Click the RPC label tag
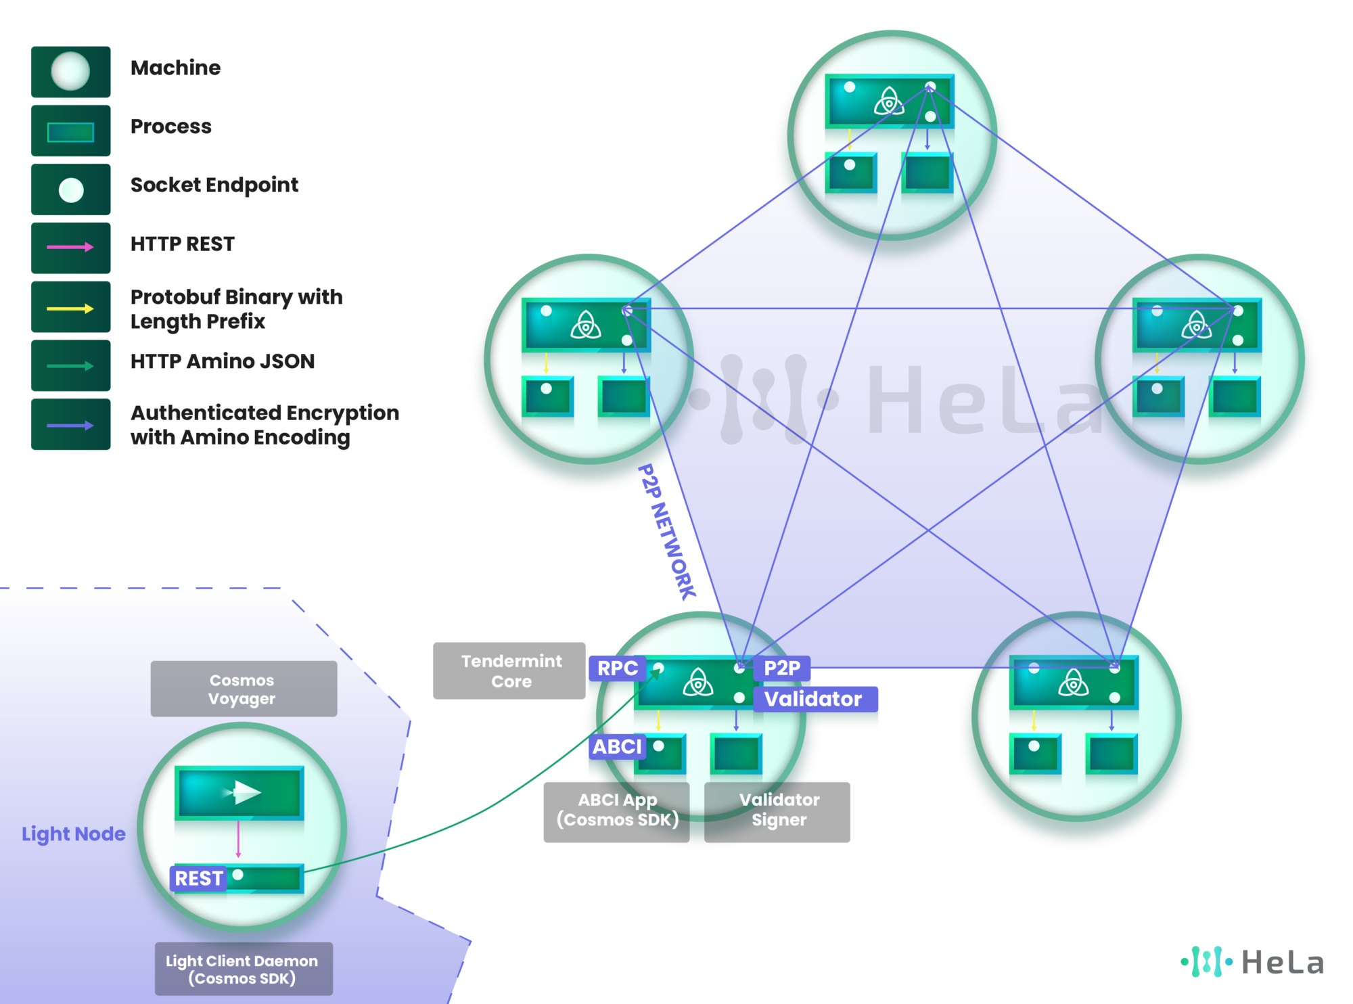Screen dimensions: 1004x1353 coord(617,668)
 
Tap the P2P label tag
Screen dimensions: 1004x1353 coord(781,668)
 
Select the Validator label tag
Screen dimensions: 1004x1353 coord(814,699)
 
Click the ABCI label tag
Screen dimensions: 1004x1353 coord(616,747)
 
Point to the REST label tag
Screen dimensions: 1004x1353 coord(198,878)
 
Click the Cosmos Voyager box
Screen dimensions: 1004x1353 coord(244,689)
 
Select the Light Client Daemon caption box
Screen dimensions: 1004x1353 coord(244,969)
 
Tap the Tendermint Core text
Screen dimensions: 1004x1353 coord(511,671)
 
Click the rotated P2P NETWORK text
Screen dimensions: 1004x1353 coord(667,532)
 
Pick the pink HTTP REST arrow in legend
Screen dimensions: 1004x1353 coord(70,248)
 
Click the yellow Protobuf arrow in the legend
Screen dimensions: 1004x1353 coord(70,309)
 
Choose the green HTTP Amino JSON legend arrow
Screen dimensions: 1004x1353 coord(70,366)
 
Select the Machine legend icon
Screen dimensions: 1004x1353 coord(70,71)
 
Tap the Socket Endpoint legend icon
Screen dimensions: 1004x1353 coord(71,190)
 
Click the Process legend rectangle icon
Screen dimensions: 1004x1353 coord(70,132)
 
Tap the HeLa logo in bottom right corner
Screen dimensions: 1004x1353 coord(1253,962)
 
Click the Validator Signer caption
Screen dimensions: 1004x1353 coord(779,810)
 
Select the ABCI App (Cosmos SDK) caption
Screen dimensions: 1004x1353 coord(618,810)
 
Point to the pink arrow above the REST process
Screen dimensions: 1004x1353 coord(238,840)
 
